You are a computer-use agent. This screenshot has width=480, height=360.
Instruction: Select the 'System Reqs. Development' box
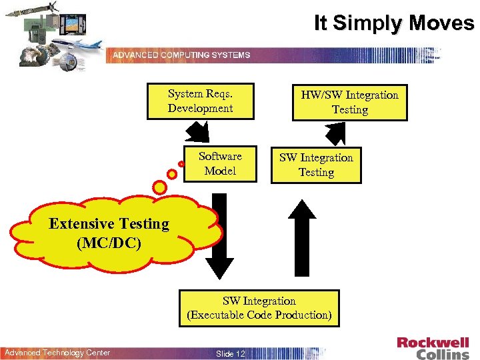tap(200, 101)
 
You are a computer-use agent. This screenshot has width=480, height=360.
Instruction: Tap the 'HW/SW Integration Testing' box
tap(349, 102)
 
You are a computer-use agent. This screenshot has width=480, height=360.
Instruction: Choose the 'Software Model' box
tap(220, 163)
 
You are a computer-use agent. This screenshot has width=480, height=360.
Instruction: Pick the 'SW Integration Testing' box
tap(316, 165)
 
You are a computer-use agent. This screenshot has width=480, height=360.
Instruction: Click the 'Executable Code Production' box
tap(259, 308)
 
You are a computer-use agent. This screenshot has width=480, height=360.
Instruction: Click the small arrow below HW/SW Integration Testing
tap(337, 133)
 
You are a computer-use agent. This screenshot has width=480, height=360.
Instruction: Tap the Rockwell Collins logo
tap(433, 348)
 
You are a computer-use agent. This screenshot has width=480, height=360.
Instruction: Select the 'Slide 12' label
tap(230, 353)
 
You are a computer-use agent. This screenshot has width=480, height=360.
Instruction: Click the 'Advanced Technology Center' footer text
tap(57, 353)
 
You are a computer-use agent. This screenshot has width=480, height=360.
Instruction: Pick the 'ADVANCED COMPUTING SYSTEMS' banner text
tap(181, 55)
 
